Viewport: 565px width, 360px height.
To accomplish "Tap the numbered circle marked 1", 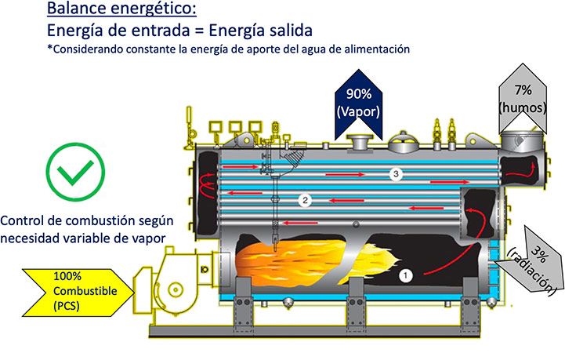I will pos(406,275).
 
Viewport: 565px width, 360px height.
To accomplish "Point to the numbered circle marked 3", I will pos(398,174).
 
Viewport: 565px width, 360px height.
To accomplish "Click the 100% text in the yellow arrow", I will pos(67,276).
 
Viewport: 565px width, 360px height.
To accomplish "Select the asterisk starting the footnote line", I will pos(50,49).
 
